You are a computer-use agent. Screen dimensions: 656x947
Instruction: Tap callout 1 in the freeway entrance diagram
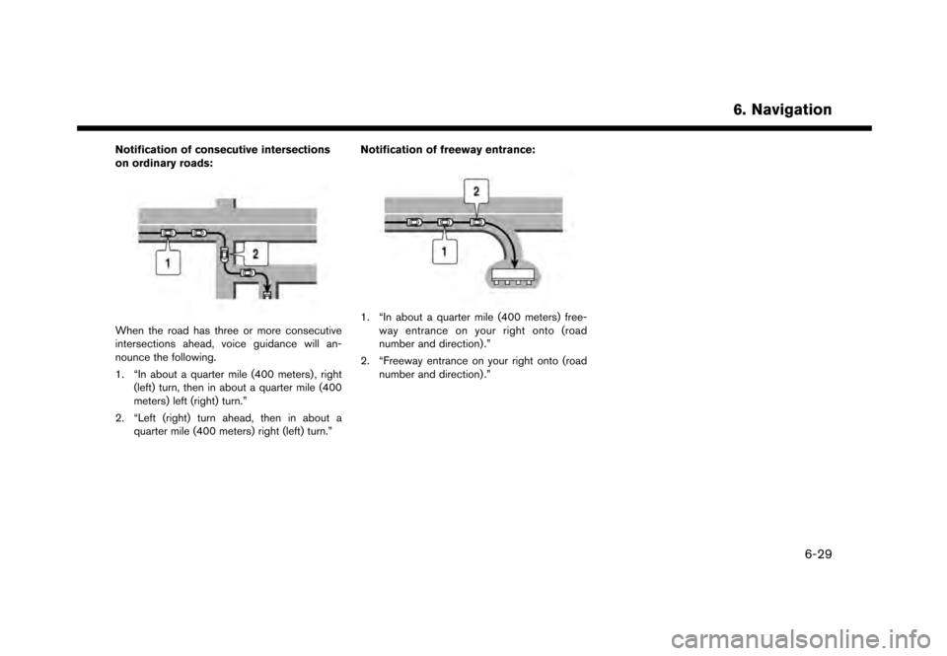[x=444, y=252]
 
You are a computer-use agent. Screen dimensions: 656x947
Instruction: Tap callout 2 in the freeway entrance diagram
[x=475, y=188]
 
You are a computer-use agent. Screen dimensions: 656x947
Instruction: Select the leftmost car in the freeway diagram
[x=414, y=222]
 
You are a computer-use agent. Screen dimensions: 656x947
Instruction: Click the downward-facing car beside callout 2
[x=226, y=255]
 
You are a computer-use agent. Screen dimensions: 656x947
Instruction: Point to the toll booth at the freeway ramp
[x=509, y=273]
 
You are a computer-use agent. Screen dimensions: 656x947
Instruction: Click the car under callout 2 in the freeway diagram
[x=479, y=222]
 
